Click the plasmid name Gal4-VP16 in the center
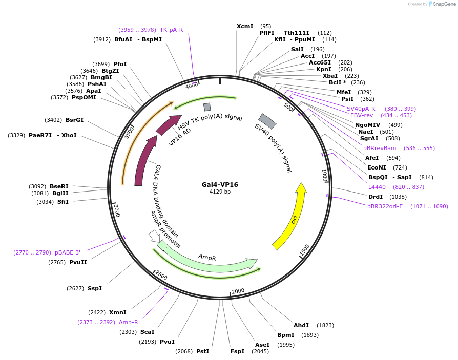click(220, 184)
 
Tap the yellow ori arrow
click(291, 215)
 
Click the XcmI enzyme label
click(244, 26)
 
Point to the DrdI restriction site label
click(375, 197)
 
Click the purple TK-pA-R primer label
click(171, 30)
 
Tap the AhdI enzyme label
click(301, 325)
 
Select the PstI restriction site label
click(203, 351)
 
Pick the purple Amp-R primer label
click(129, 322)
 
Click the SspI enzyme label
click(95, 288)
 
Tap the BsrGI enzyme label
click(74, 120)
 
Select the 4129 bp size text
click(220, 192)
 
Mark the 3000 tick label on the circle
click(117, 210)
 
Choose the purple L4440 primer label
click(377, 187)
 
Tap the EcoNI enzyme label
click(377, 167)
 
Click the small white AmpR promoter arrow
click(153, 236)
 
